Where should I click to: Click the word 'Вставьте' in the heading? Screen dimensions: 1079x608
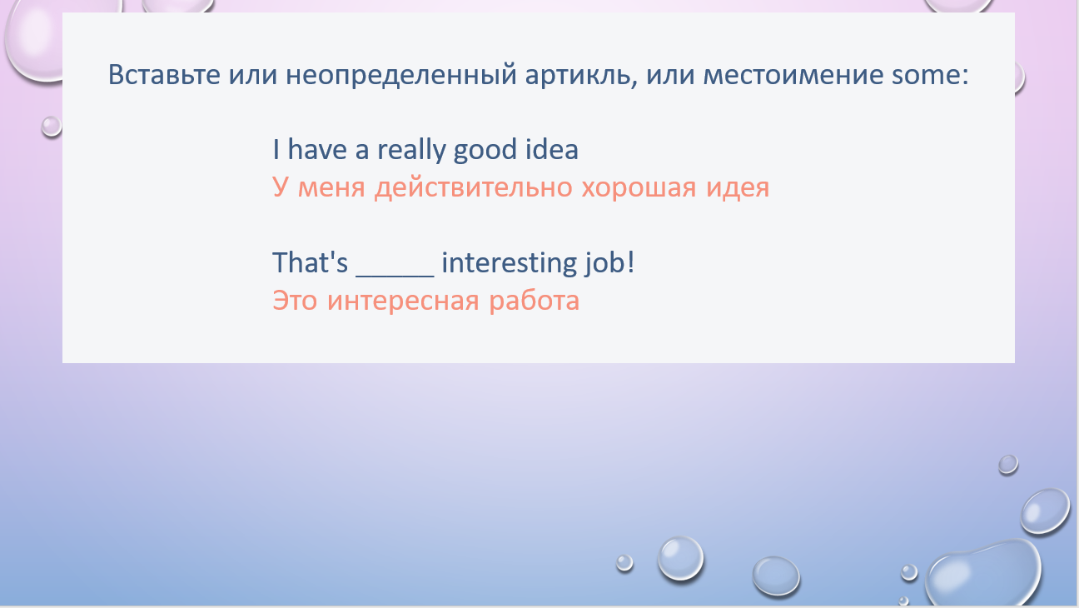point(164,75)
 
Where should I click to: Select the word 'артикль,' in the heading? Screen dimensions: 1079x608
point(581,76)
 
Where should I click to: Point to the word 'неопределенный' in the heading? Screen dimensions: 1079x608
point(401,77)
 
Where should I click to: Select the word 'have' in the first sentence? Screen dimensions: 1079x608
point(317,149)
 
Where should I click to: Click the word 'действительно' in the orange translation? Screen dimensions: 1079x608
point(474,187)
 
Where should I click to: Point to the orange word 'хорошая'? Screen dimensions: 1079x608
point(639,188)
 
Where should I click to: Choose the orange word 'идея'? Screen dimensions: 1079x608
point(738,188)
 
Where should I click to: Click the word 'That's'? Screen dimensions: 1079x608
point(310,262)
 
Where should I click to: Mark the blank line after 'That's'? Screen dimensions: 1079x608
point(395,277)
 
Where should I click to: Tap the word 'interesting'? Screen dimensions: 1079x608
point(510,263)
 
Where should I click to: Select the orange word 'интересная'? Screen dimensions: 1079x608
point(403,302)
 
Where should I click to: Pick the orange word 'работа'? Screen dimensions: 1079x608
point(534,301)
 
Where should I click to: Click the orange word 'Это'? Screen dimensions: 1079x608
point(295,302)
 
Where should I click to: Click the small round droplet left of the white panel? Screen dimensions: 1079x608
point(52,127)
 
